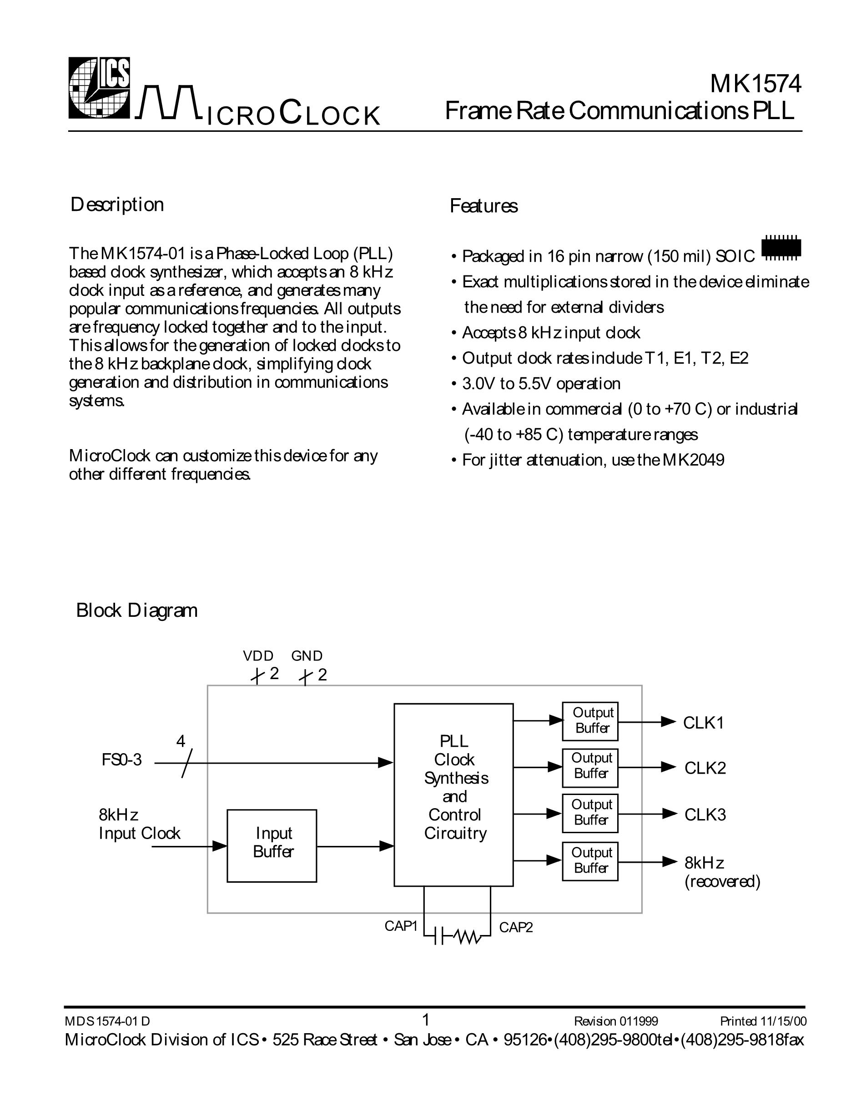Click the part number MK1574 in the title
coord(755,85)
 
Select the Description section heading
coord(117,205)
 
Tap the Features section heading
coord(483,206)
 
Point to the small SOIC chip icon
coord(781,248)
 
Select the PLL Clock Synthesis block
coord(453,795)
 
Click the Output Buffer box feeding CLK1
coord(590,721)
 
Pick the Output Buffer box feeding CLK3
coord(590,813)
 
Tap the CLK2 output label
coord(705,768)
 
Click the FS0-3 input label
coord(121,760)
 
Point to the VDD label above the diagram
coord(258,656)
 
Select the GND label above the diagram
coord(307,656)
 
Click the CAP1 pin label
coord(401,926)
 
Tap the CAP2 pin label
coord(516,927)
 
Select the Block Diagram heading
coord(136,610)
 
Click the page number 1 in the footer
coord(425,1020)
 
